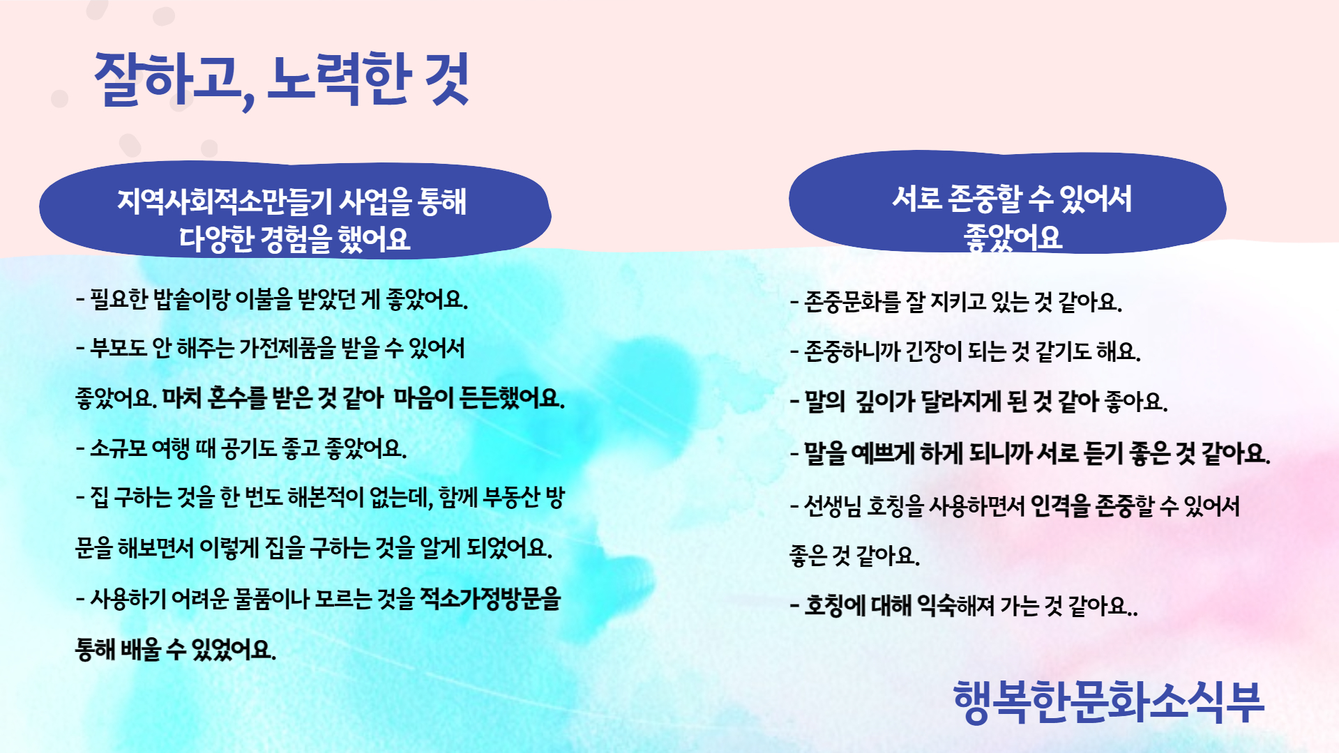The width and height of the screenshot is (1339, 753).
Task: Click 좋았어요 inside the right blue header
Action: tap(1013, 238)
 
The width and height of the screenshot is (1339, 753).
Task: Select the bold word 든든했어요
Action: tap(513, 398)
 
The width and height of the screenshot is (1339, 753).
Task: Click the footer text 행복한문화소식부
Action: tap(1108, 702)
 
